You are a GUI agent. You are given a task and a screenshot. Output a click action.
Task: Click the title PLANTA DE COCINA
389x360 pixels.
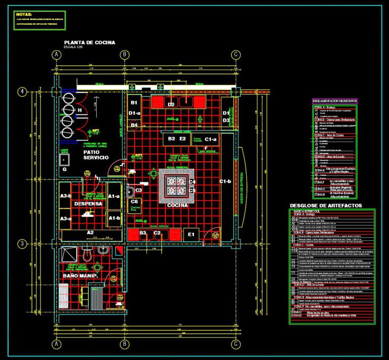coord(89,43)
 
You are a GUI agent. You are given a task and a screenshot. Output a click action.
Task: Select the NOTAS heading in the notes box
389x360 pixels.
coord(24,14)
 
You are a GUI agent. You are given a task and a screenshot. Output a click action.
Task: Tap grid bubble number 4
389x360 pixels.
coord(22,92)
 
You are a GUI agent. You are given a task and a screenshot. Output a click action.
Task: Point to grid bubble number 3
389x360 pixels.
coord(22,244)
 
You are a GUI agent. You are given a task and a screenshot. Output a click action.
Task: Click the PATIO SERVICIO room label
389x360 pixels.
coord(96,155)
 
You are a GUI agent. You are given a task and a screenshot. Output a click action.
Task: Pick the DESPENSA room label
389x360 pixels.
coord(88,204)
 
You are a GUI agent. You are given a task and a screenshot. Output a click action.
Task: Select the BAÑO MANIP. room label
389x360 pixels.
coord(80,275)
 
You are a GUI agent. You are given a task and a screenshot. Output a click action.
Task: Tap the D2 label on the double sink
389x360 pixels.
coord(171,104)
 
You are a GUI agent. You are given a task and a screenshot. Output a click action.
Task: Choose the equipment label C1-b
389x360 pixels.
coord(224,181)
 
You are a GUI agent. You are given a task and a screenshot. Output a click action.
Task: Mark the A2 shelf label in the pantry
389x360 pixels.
coord(90,232)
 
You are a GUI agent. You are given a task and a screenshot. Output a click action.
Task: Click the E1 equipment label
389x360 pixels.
coord(191,234)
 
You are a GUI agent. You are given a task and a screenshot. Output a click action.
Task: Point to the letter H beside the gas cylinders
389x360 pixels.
coord(80,110)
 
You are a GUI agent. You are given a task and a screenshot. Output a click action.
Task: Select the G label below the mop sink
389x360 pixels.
coord(64,169)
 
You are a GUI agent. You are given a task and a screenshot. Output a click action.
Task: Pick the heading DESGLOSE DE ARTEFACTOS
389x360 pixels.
coord(326,205)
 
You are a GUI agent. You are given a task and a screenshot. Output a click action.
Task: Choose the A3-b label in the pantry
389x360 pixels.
coord(65,196)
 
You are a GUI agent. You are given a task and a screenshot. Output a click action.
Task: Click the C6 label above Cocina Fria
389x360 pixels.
coord(134,202)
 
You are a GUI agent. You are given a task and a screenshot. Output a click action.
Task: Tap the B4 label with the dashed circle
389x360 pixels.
coord(134,125)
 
